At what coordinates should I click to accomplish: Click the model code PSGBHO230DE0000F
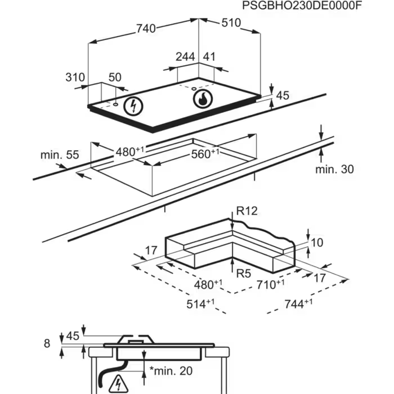(x=303, y=6)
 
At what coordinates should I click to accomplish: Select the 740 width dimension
(x=146, y=28)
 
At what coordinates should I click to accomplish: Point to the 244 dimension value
(x=185, y=57)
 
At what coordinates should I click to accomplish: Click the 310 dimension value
(x=75, y=78)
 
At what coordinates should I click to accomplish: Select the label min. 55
(x=60, y=155)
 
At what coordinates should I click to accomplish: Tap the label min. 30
(x=334, y=169)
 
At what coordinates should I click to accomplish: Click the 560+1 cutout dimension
(x=206, y=153)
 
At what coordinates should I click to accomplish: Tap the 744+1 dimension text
(x=298, y=304)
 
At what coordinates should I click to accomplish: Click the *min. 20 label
(x=170, y=371)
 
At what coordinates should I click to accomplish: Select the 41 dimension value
(x=209, y=57)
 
